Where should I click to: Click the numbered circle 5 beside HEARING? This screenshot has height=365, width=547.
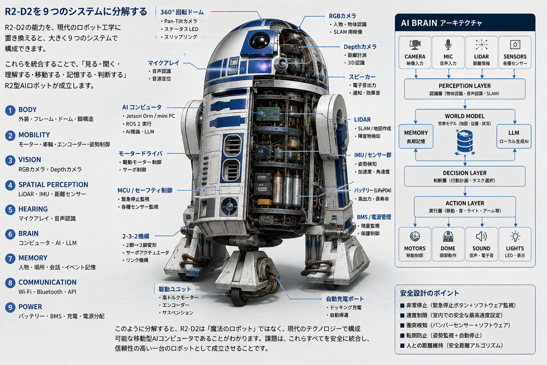(x=10, y=209)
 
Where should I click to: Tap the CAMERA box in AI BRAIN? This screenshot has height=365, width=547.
(x=415, y=52)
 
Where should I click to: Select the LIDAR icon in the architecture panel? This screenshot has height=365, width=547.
(x=481, y=45)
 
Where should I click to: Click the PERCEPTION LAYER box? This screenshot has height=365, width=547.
(x=465, y=89)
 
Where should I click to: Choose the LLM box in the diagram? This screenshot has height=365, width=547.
(x=513, y=136)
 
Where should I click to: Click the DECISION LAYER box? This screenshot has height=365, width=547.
(x=465, y=176)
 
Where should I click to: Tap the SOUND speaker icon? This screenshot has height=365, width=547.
(x=481, y=237)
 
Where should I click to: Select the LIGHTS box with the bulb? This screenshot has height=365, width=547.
(x=515, y=244)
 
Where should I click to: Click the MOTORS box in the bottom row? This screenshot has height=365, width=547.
(x=415, y=244)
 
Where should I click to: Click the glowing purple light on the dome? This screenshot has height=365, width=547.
(x=264, y=66)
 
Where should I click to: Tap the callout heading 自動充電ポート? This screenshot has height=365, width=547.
(x=345, y=299)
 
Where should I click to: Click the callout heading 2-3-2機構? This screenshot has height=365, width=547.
(x=136, y=236)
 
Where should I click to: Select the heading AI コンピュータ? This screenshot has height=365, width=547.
(x=142, y=107)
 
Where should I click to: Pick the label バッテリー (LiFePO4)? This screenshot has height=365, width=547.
(x=372, y=190)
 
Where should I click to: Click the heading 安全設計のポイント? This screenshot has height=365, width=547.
(x=429, y=293)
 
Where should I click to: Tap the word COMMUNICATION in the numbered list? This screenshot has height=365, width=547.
(x=48, y=282)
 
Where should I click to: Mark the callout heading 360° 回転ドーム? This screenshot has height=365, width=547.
(x=182, y=12)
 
